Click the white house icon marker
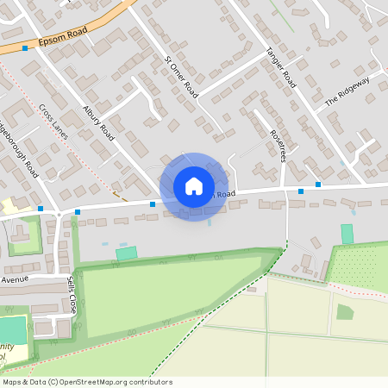tap(194, 185)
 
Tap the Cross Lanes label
tap(53, 122)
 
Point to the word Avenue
tap(15, 280)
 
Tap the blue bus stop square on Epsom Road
tap(25, 49)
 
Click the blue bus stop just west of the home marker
tap(153, 204)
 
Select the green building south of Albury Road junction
tap(127, 253)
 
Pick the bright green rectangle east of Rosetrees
tap(347, 234)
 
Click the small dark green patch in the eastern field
tap(345, 311)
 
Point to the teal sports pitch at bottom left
tap(12, 329)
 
